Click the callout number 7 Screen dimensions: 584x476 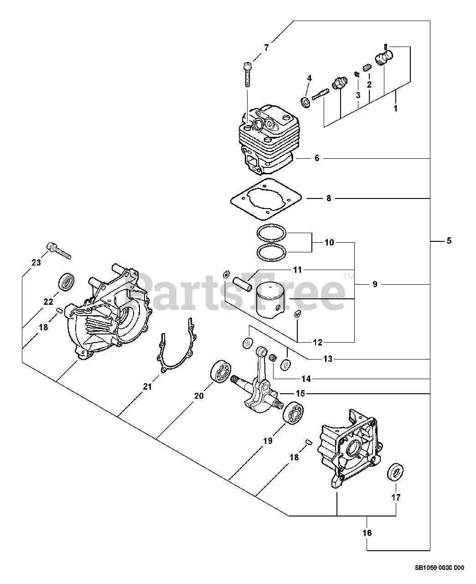coord(267,47)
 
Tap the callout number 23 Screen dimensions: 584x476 coord(36,262)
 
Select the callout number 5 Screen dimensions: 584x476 coord(449,240)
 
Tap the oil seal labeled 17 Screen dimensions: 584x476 coord(397,472)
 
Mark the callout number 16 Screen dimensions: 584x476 coord(367,532)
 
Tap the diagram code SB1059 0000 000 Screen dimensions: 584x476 coord(439,568)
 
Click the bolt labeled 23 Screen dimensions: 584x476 coord(58,250)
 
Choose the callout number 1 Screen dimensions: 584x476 coord(395,109)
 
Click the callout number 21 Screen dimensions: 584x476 coord(147,386)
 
